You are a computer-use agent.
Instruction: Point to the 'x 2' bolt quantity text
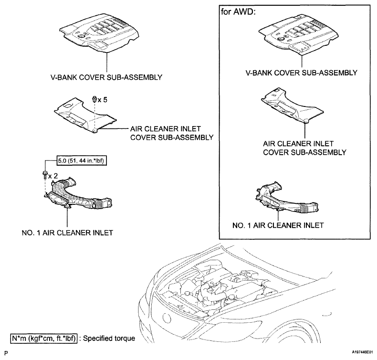point(54,176)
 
